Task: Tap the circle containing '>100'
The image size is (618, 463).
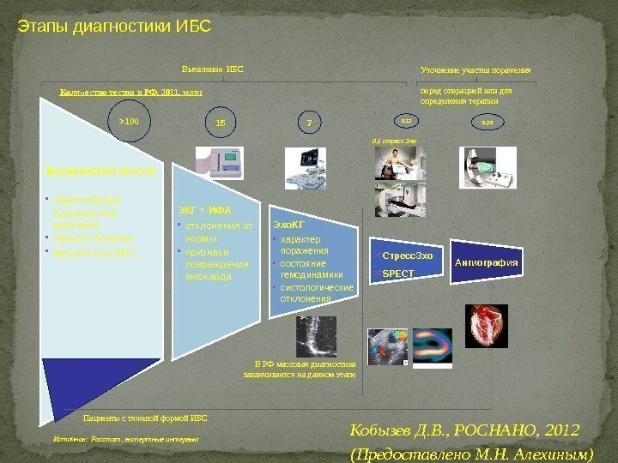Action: [x=129, y=122]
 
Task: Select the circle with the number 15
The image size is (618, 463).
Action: [x=221, y=123]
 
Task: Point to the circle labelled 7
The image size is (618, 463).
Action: [x=310, y=123]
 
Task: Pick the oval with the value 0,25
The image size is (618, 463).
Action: [x=488, y=123]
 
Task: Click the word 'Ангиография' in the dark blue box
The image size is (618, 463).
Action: [x=487, y=262]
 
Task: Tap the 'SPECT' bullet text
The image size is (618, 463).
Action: [x=397, y=274]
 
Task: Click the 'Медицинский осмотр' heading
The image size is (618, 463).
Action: [x=100, y=171]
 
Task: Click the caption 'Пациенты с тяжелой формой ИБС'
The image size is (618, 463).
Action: [x=144, y=418]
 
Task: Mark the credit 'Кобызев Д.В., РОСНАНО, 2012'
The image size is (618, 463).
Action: [x=466, y=430]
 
